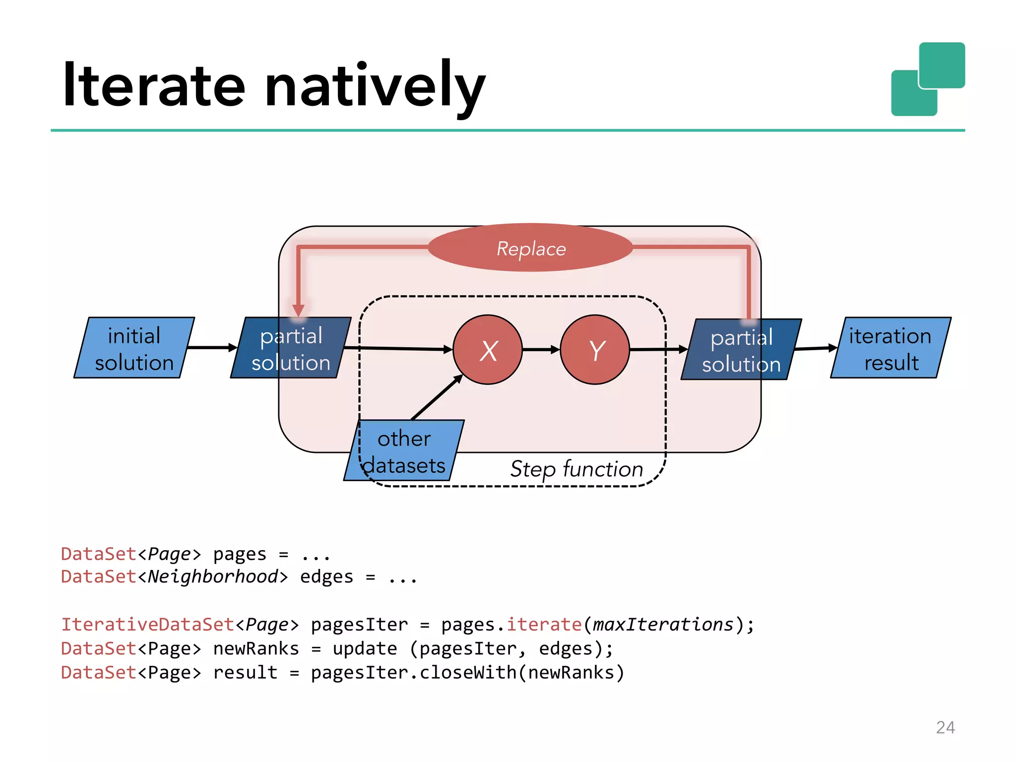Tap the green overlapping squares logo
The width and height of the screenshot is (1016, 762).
tap(928, 79)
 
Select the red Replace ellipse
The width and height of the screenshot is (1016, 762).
tap(530, 248)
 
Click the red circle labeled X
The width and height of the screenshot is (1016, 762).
tap(488, 350)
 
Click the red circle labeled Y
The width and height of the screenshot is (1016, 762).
tap(595, 350)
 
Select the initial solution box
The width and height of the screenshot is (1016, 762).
tap(134, 348)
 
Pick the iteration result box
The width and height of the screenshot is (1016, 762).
tap(890, 348)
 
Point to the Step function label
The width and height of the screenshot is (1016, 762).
tap(576, 469)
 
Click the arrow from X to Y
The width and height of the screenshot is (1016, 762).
tap(541, 350)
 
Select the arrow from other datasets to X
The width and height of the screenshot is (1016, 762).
tap(437, 397)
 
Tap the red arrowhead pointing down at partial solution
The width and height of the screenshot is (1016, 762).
tap(298, 311)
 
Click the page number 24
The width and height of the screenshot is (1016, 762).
tap(945, 727)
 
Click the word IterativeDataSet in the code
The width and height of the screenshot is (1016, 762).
tap(147, 624)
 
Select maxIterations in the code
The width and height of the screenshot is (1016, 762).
tap(663, 624)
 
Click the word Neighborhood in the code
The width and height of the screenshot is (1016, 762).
tap(213, 576)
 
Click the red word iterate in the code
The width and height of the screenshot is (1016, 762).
tap(544, 624)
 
